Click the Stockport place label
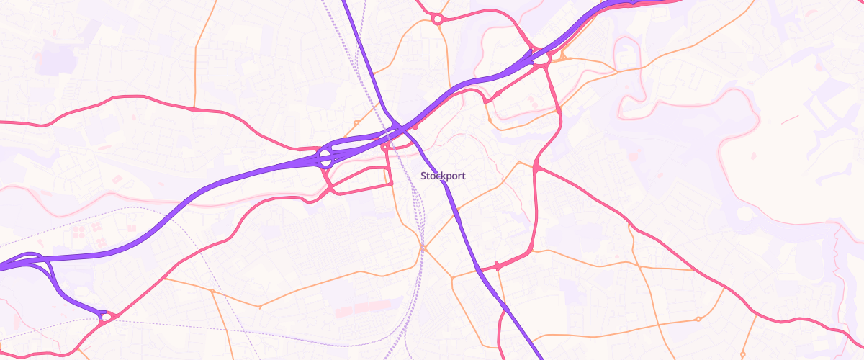(x=443, y=176)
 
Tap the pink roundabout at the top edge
(x=437, y=19)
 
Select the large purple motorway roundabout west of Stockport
(x=325, y=156)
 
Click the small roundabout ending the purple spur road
(x=106, y=315)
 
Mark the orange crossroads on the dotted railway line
(x=423, y=248)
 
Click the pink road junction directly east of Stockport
(x=536, y=167)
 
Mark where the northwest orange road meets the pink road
(x=195, y=109)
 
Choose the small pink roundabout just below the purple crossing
(x=385, y=147)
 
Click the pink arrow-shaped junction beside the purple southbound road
(x=497, y=266)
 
